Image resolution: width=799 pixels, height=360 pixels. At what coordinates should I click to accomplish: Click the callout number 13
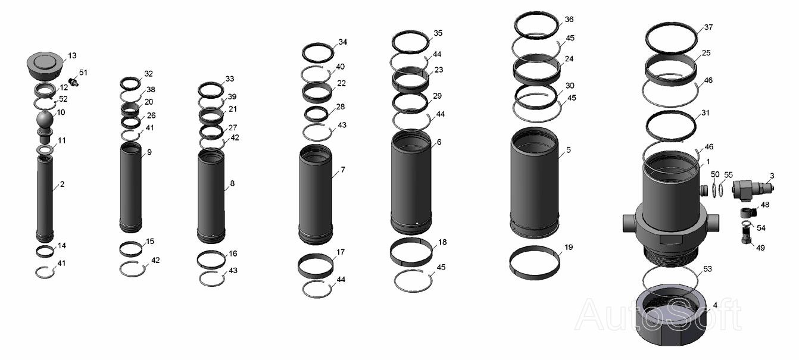click(72, 55)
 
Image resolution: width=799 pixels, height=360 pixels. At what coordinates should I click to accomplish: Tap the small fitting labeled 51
click(73, 82)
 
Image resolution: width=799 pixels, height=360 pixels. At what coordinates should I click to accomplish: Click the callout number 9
click(149, 152)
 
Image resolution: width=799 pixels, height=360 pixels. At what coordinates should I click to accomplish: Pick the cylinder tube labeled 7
click(316, 195)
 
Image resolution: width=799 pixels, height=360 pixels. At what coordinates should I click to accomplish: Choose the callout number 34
click(342, 42)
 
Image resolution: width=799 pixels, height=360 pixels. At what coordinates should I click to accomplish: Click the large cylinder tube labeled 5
click(534, 183)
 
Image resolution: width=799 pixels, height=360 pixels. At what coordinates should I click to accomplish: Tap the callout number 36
click(569, 19)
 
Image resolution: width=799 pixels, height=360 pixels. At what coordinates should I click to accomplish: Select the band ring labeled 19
click(534, 262)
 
